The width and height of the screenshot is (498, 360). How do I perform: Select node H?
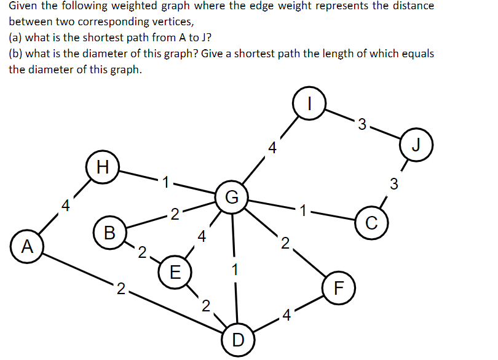103,166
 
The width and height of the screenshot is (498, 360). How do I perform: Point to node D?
238,338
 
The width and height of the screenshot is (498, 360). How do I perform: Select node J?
417,146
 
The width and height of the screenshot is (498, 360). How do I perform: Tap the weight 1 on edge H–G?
165,182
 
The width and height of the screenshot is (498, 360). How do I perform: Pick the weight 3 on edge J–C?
394,183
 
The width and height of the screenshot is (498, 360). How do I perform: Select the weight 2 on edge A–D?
121,288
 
